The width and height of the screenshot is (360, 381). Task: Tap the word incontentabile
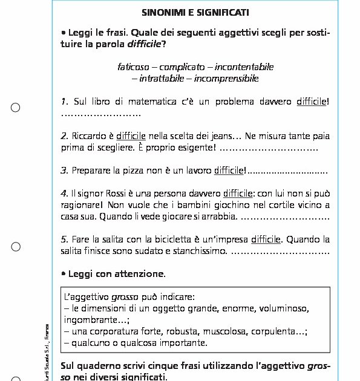(244, 67)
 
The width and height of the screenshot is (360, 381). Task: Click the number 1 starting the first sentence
(64, 102)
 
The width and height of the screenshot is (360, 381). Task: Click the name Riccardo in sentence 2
(91, 136)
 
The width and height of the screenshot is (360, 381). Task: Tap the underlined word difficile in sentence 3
(229, 171)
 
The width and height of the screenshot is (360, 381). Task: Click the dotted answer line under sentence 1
(100, 114)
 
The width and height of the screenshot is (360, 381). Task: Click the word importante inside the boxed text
(182, 343)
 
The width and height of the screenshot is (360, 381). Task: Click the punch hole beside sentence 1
(16, 108)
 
